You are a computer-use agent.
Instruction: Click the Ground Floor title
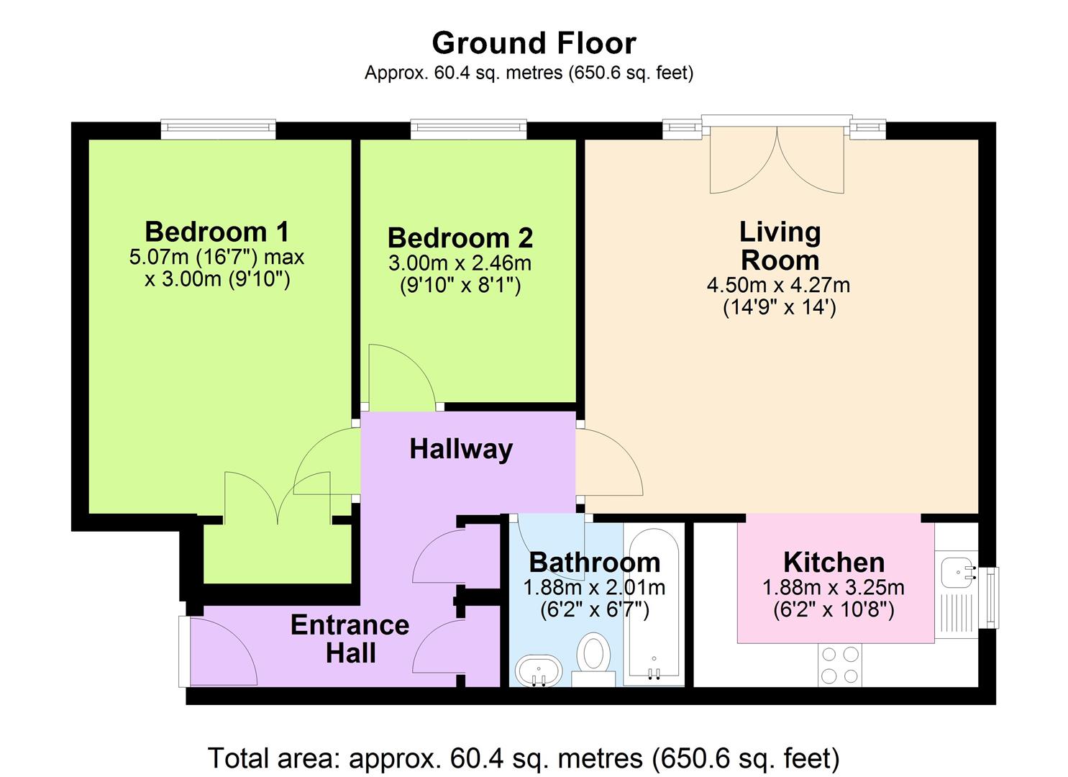(x=534, y=43)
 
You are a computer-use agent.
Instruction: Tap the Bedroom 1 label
(x=216, y=232)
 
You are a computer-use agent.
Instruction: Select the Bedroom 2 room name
(x=460, y=237)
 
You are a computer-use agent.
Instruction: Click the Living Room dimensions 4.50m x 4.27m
(x=779, y=285)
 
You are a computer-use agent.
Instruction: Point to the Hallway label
(x=461, y=449)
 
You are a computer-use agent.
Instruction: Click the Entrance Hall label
(x=350, y=638)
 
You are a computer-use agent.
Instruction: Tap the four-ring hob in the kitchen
(x=840, y=665)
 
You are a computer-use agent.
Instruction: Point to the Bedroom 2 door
(x=400, y=376)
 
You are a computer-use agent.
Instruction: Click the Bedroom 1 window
(x=218, y=129)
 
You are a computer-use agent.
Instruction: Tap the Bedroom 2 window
(x=468, y=129)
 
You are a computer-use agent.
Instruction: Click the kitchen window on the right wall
(x=991, y=597)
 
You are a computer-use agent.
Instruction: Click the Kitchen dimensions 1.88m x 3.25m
(x=834, y=588)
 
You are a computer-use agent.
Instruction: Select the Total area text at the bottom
(x=524, y=758)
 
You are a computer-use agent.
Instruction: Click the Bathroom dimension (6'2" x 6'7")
(x=595, y=610)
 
